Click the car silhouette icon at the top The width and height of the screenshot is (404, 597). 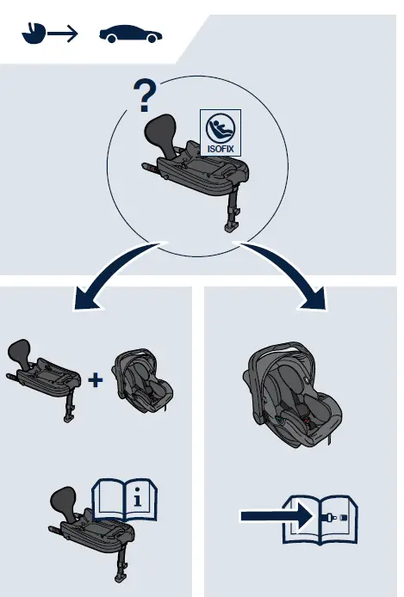130,34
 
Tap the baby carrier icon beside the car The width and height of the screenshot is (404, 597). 34,34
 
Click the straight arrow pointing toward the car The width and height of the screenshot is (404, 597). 62,34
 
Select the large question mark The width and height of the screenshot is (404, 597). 145,95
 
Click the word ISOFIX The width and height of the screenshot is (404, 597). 221,149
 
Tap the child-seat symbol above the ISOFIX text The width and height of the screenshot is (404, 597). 221,128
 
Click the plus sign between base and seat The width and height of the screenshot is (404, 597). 96,379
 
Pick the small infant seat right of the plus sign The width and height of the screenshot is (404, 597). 142,380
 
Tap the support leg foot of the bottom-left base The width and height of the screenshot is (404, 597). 121,577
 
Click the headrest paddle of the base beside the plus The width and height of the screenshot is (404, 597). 19,352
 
